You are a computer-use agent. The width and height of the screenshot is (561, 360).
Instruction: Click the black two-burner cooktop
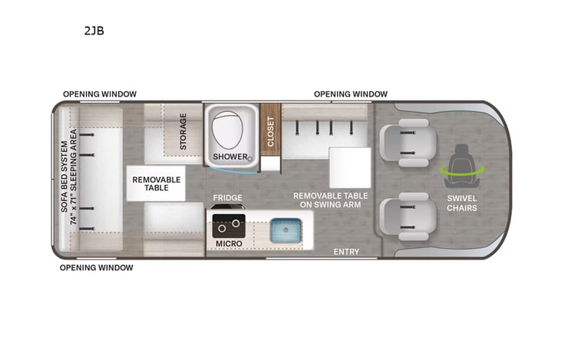pyautogui.click(x=229, y=226)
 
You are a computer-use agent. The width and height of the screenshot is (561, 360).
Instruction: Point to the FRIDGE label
pyautogui.click(x=228, y=198)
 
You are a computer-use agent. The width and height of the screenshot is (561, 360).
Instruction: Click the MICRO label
pyautogui.click(x=228, y=244)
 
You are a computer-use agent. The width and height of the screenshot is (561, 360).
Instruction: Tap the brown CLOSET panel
pyautogui.click(x=269, y=130)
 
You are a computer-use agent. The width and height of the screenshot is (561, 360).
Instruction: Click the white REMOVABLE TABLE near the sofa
pyautogui.click(x=157, y=183)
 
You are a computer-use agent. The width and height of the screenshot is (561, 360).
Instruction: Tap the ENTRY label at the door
pyautogui.click(x=346, y=252)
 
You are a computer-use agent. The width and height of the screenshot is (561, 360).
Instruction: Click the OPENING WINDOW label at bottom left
pyautogui.click(x=97, y=268)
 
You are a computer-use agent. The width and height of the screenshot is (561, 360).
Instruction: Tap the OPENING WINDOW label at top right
pyautogui.click(x=351, y=94)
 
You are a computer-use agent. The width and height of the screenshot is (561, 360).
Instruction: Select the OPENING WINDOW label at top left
pyautogui.click(x=100, y=94)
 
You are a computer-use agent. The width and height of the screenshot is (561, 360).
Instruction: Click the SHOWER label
pyautogui.click(x=230, y=157)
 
